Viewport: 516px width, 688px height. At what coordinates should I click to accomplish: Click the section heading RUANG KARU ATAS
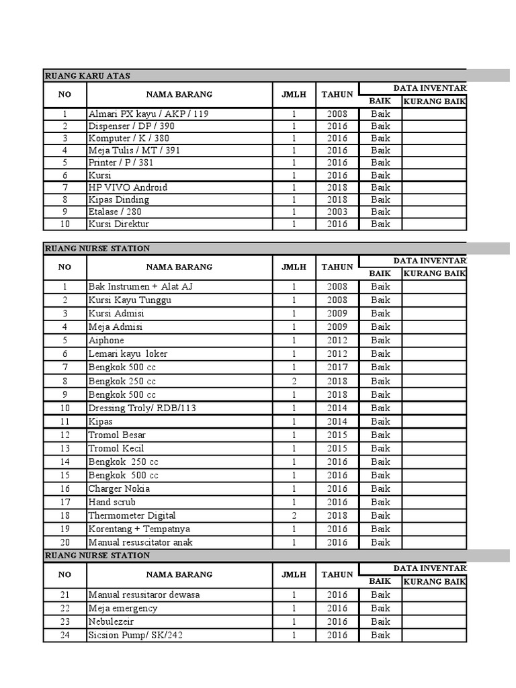point(88,75)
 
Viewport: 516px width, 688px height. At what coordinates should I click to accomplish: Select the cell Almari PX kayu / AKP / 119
point(148,114)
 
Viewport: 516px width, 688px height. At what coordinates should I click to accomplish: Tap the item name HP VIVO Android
point(128,187)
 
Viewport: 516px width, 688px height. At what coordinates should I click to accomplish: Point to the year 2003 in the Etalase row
point(337,212)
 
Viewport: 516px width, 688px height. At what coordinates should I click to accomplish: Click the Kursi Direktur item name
point(119,224)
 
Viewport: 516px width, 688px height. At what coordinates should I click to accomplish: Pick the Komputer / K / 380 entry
point(128,138)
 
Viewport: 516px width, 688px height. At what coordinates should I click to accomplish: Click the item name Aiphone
point(106,341)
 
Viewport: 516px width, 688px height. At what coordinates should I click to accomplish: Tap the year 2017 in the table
point(337,368)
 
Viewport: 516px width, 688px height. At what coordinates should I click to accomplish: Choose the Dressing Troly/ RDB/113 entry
point(142,408)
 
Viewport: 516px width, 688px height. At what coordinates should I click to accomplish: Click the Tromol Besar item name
point(116,435)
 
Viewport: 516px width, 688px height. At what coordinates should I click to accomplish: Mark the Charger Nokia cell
point(119,488)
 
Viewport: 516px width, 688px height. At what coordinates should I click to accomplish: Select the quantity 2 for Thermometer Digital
point(294,515)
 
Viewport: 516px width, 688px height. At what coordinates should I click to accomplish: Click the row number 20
point(65,542)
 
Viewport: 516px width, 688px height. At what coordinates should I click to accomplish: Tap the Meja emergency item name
point(123,608)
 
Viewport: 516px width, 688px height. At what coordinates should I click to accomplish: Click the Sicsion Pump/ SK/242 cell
point(135,635)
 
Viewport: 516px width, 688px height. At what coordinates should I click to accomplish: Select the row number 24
point(65,635)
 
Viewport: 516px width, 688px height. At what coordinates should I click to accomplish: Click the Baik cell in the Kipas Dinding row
point(380,200)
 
